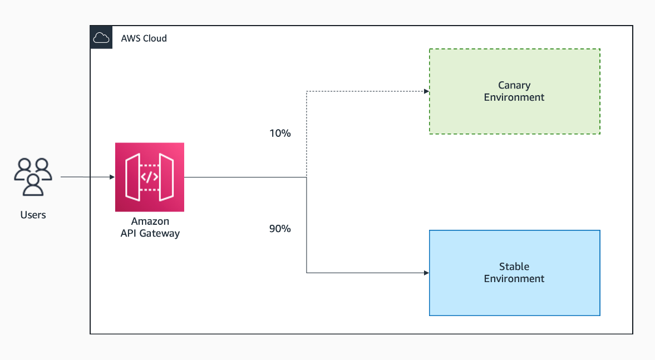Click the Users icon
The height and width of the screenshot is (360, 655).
coord(33,177)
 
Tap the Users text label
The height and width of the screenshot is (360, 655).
coord(33,215)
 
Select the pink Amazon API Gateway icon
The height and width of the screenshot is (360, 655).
coord(149,177)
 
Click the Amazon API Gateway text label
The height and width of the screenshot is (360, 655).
coord(150,228)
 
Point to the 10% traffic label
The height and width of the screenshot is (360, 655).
coord(280,134)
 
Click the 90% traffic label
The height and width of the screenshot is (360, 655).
coord(280,229)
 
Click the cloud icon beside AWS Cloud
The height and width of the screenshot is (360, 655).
coord(101,38)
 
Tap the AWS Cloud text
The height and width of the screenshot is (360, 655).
coord(144,38)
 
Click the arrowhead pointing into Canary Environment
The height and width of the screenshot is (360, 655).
coord(426,91)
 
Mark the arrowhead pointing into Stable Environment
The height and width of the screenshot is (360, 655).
coord(426,273)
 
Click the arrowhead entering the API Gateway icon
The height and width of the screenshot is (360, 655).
coord(112,177)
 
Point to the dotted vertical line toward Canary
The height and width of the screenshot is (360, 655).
coord(307,134)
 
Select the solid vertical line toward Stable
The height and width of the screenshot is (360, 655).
coord(307,228)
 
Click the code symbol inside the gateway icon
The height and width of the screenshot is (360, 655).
coord(149,177)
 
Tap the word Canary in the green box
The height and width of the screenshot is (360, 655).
coord(514,85)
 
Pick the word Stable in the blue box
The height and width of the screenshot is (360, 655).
coord(514,267)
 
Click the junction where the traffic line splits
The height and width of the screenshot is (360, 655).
coord(307,177)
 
